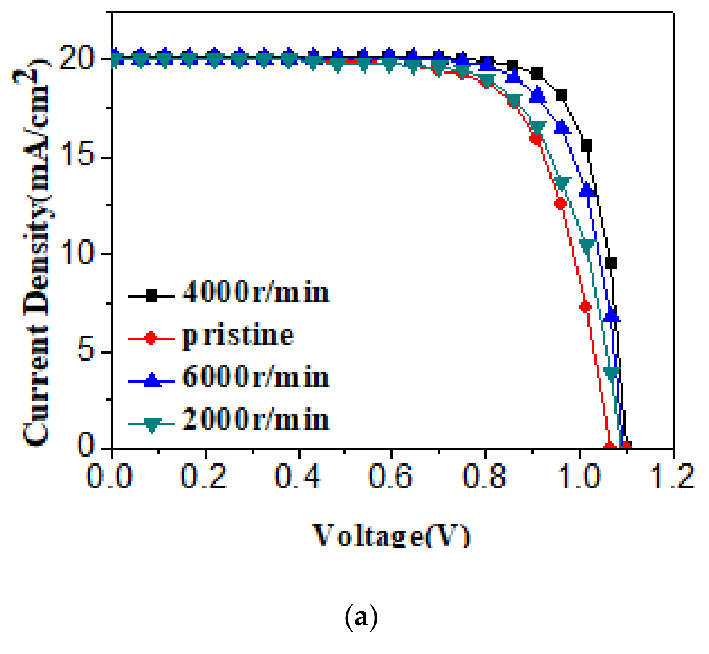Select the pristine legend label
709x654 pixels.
238,335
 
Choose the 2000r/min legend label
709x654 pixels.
255,420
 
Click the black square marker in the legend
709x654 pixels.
152,295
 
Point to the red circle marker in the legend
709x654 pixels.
151,338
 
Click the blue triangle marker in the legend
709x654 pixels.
152,380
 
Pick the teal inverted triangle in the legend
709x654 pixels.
152,424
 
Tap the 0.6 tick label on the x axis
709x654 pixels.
390,477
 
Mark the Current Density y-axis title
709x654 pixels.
36,252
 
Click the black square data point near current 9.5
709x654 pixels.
611,263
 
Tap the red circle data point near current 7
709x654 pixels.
585,306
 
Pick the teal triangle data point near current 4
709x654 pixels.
611,373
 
